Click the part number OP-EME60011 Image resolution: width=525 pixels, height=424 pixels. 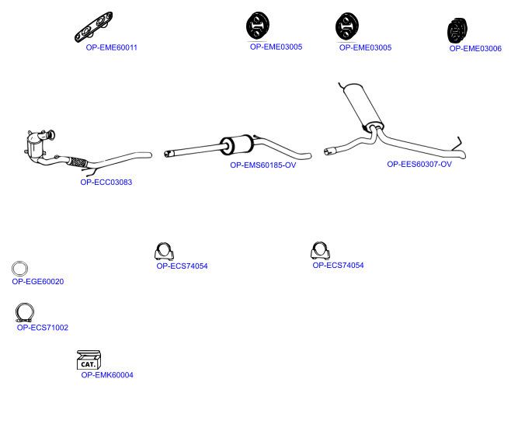(112, 47)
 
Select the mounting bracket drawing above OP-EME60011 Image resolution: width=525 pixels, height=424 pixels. (94, 27)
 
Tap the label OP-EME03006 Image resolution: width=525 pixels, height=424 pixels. (475, 49)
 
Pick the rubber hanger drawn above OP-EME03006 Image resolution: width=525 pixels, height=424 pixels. (457, 30)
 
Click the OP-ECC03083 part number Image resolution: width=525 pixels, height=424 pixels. (106, 182)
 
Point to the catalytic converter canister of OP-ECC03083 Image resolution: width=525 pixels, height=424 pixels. (34, 148)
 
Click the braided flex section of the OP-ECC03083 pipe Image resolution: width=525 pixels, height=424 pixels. (78, 162)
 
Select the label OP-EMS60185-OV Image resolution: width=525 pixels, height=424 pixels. (263, 165)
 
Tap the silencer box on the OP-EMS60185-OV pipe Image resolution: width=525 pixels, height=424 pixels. (236, 144)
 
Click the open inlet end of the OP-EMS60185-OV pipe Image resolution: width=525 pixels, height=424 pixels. (167, 154)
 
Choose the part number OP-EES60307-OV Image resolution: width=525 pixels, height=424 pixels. (419, 164)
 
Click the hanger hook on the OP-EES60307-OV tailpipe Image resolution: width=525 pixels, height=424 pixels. (457, 144)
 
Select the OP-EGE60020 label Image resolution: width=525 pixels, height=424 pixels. (38, 282)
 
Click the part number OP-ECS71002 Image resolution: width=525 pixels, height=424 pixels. (43, 328)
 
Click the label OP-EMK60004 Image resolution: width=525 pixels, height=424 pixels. (107, 375)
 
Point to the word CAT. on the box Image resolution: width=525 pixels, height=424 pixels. (88, 364)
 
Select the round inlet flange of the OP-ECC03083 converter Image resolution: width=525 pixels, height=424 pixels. (51, 135)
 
